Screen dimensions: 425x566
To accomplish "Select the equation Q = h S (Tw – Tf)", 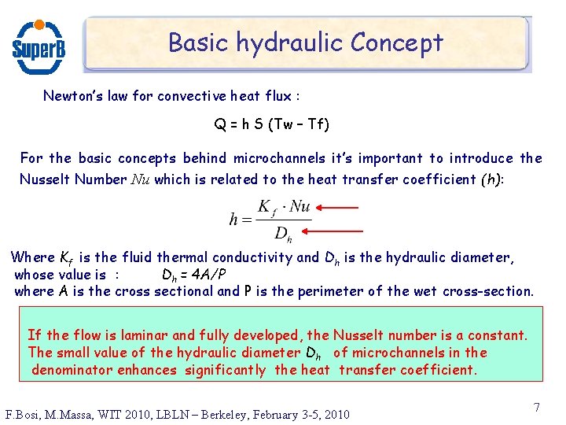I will (271, 124).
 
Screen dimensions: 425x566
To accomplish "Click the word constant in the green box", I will (498, 336).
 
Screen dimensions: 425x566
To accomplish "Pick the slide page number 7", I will (536, 408).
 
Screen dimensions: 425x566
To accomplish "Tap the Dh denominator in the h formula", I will (282, 233).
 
